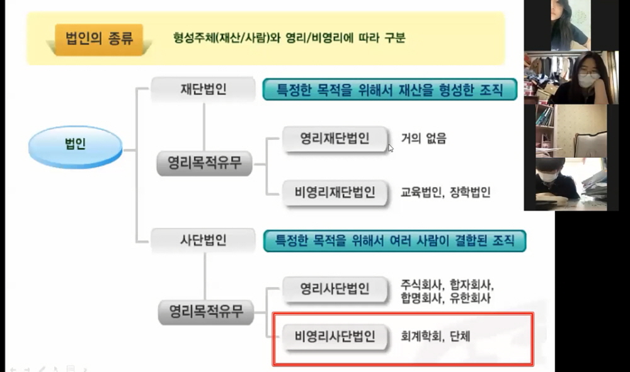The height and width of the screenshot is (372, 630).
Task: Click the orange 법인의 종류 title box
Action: point(100,39)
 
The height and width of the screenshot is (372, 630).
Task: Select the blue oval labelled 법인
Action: point(75,146)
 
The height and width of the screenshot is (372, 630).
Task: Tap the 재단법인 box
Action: point(203,89)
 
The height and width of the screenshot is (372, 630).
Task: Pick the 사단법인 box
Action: point(203,240)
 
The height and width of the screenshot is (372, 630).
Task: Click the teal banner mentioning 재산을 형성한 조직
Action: point(390,90)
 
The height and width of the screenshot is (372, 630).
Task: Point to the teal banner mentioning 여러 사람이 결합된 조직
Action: point(394,241)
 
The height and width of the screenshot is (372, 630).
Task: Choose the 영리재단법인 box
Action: point(335,139)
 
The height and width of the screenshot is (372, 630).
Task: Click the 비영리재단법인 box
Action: point(335,192)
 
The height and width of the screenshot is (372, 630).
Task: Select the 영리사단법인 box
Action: point(335,289)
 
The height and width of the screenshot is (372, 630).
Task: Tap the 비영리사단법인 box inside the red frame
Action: point(335,336)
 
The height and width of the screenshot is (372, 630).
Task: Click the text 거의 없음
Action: point(423,138)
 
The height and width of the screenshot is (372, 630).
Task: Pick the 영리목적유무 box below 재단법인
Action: point(205,163)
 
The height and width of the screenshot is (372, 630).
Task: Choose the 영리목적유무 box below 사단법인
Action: point(206,311)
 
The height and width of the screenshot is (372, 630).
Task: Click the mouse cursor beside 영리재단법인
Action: point(391,148)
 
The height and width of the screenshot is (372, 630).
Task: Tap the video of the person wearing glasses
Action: point(571,78)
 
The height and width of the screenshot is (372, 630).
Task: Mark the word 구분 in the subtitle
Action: point(395,38)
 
